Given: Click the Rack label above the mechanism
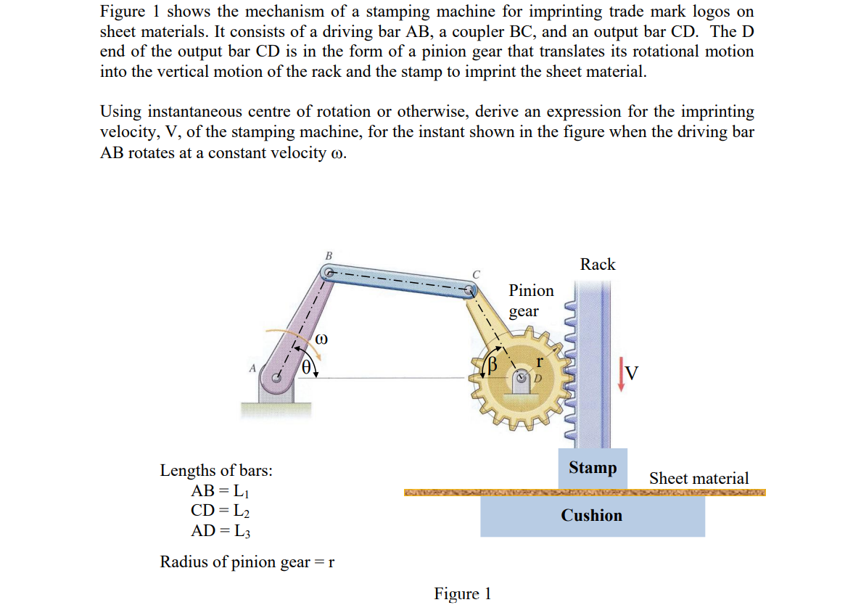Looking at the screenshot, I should click(598, 265).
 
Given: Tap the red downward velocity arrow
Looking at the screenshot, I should click(620, 374).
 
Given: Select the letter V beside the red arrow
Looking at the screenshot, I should click(632, 373).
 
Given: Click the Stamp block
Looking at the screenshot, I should click(593, 468).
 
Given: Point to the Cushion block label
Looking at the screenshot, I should click(591, 516).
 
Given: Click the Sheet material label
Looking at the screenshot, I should click(699, 479).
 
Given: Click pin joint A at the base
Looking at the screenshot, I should click(276, 377).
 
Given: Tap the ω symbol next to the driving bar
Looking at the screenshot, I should click(323, 339).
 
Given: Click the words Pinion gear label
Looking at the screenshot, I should click(530, 300).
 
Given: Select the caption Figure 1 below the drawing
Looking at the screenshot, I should click(463, 594).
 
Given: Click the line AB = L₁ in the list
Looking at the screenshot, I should click(220, 490).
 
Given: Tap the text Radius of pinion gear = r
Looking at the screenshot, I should click(247, 562).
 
